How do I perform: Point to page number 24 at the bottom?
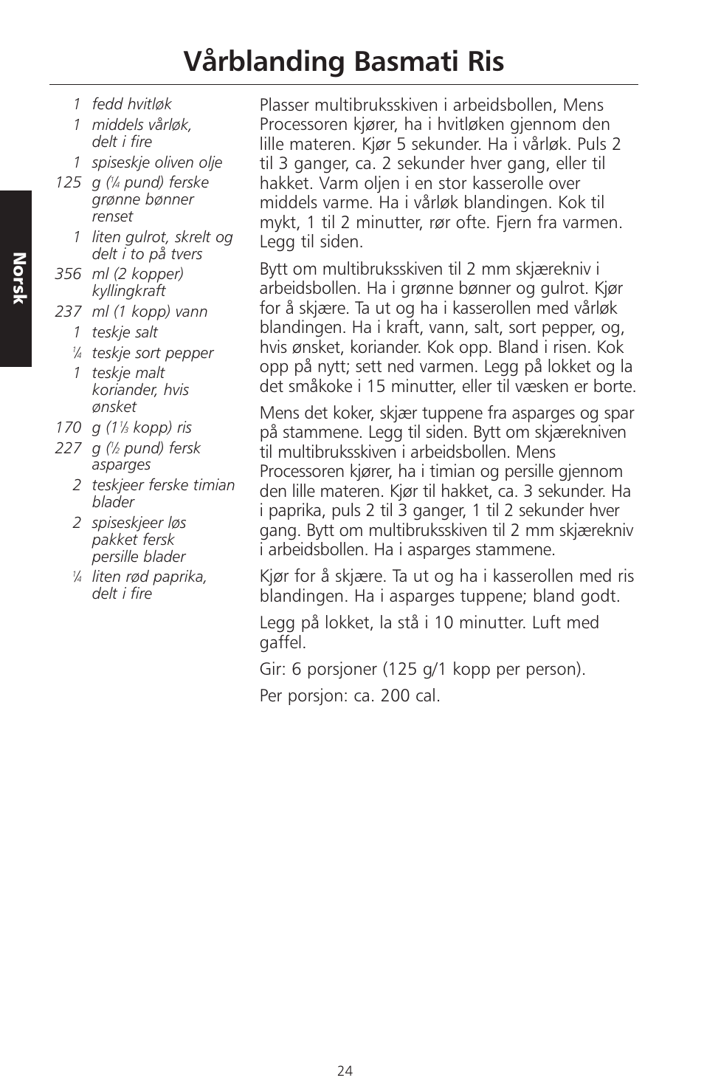(345, 1071)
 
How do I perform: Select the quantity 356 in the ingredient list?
(68, 274)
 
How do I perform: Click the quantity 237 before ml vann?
(68, 312)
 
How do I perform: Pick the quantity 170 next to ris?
(68, 427)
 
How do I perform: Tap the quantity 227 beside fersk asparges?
(68, 448)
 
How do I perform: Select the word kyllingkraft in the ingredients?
(128, 291)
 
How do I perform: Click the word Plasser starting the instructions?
(283, 106)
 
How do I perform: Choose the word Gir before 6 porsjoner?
(271, 670)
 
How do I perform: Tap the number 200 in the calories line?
(396, 696)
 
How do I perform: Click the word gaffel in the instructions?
(282, 642)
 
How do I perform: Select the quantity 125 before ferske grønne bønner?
(68, 182)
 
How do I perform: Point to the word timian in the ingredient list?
(213, 485)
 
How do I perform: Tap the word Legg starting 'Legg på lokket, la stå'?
(275, 623)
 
